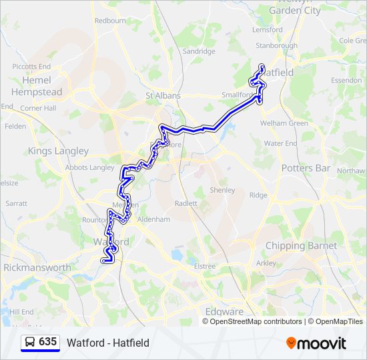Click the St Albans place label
coord(163,95)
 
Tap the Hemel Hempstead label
coord(37,86)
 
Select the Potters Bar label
coord(306,168)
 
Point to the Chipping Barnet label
coord(301,246)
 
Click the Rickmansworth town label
coord(37,267)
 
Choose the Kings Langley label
coord(58,151)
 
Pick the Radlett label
coord(186,203)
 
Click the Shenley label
coord(222,190)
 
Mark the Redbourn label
coord(110,21)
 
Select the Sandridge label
coord(199,51)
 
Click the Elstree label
coord(204,266)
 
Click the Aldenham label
coord(153,219)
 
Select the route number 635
coord(47,342)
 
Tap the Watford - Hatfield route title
coord(107,343)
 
